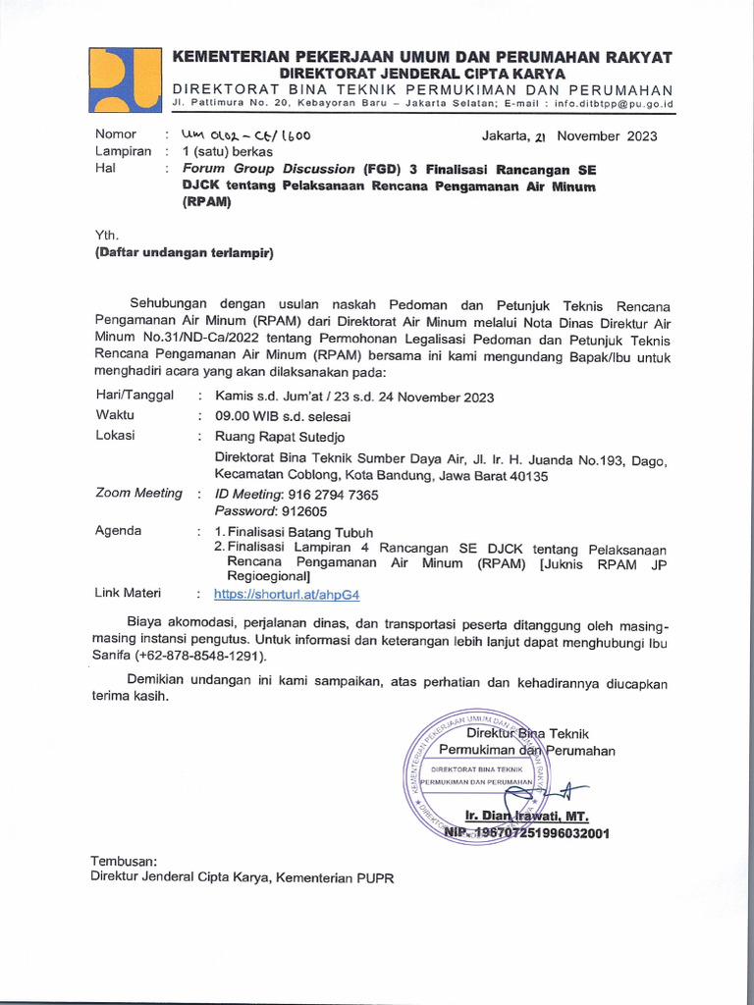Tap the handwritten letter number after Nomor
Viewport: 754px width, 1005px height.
pyautogui.click(x=240, y=136)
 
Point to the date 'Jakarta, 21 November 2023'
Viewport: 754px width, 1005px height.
pyautogui.click(x=568, y=136)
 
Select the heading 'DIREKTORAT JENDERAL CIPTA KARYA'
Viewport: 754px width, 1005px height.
pyautogui.click(x=422, y=74)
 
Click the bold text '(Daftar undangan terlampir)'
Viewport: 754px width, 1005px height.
pyautogui.click(x=184, y=252)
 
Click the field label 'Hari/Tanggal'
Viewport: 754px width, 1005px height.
pyautogui.click(x=135, y=395)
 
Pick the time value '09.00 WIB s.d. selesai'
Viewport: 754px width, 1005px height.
pyautogui.click(x=283, y=416)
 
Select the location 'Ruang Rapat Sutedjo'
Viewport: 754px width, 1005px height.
pyautogui.click(x=280, y=436)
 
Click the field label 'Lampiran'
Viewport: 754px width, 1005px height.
pyautogui.click(x=123, y=152)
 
